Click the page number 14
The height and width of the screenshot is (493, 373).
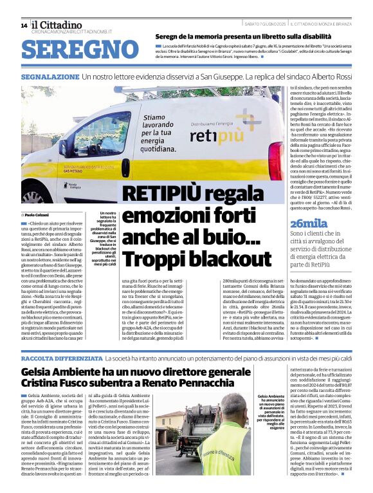(24, 26)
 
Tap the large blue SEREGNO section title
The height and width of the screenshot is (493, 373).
(75, 50)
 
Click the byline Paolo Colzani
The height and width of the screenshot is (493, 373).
(39, 214)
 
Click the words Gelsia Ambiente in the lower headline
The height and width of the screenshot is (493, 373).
(59, 371)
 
